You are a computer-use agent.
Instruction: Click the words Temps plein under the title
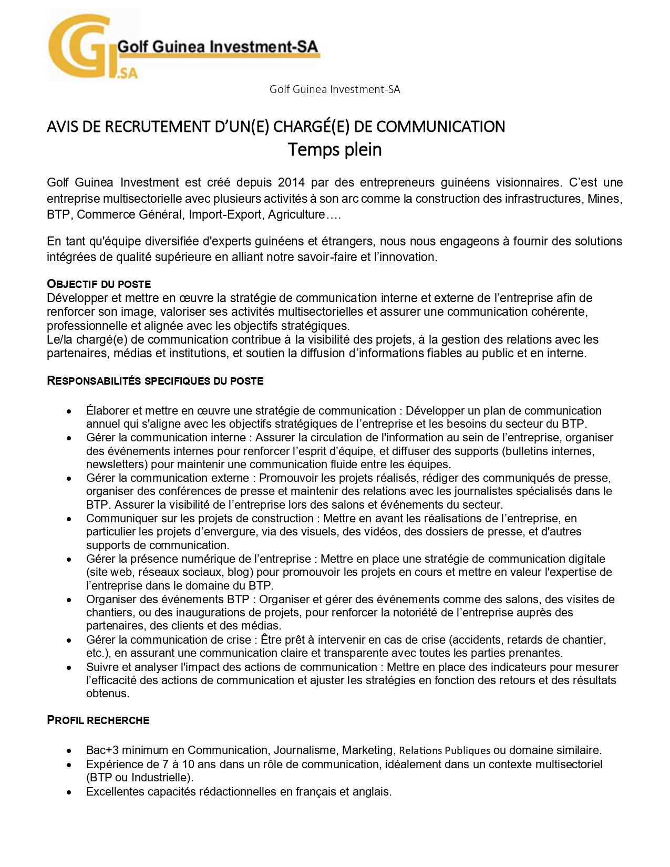tap(335, 150)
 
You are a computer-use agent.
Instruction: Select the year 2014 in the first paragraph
tap(291, 182)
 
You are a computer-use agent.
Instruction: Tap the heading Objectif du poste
tap(99, 284)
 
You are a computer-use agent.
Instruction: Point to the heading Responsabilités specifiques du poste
tap(155, 381)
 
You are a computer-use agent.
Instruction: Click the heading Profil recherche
tap(98, 720)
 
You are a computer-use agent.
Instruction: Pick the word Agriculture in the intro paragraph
tap(296, 214)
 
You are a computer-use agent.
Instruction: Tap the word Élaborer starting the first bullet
tap(108, 411)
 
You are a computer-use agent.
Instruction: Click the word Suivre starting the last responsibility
tap(103, 667)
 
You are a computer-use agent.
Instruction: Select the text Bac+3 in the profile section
tap(102, 750)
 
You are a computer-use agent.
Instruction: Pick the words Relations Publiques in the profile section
tap(445, 750)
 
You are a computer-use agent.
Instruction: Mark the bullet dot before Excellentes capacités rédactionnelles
tap(69, 792)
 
